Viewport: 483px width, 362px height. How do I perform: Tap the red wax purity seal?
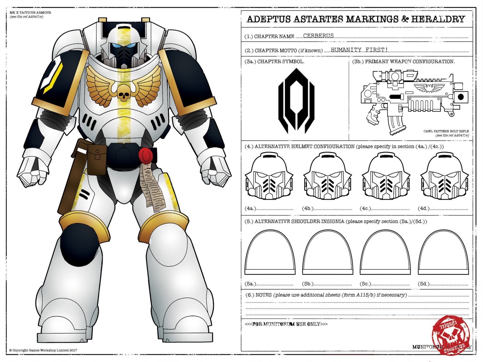pyautogui.click(x=146, y=155)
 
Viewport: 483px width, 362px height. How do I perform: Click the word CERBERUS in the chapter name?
pyautogui.click(x=318, y=36)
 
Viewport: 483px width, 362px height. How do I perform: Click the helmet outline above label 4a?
pyautogui.click(x=269, y=176)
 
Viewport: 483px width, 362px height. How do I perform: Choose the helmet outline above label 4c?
pyautogui.click(x=386, y=176)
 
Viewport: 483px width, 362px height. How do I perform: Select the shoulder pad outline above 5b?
pyautogui.click(x=327, y=253)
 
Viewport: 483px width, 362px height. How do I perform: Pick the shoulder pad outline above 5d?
pyautogui.click(x=443, y=253)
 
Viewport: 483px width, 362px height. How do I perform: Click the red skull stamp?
pyautogui.click(x=451, y=335)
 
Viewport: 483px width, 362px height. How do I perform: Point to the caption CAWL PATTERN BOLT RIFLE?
pyautogui.click(x=446, y=131)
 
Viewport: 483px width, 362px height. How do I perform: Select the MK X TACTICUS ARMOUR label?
pyautogui.click(x=30, y=13)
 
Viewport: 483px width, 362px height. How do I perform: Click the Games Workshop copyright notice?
pyautogui.click(x=43, y=350)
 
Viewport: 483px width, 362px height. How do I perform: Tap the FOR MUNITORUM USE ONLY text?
pyautogui.click(x=286, y=324)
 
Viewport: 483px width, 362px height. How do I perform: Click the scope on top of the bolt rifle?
pyautogui.click(x=394, y=75)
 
